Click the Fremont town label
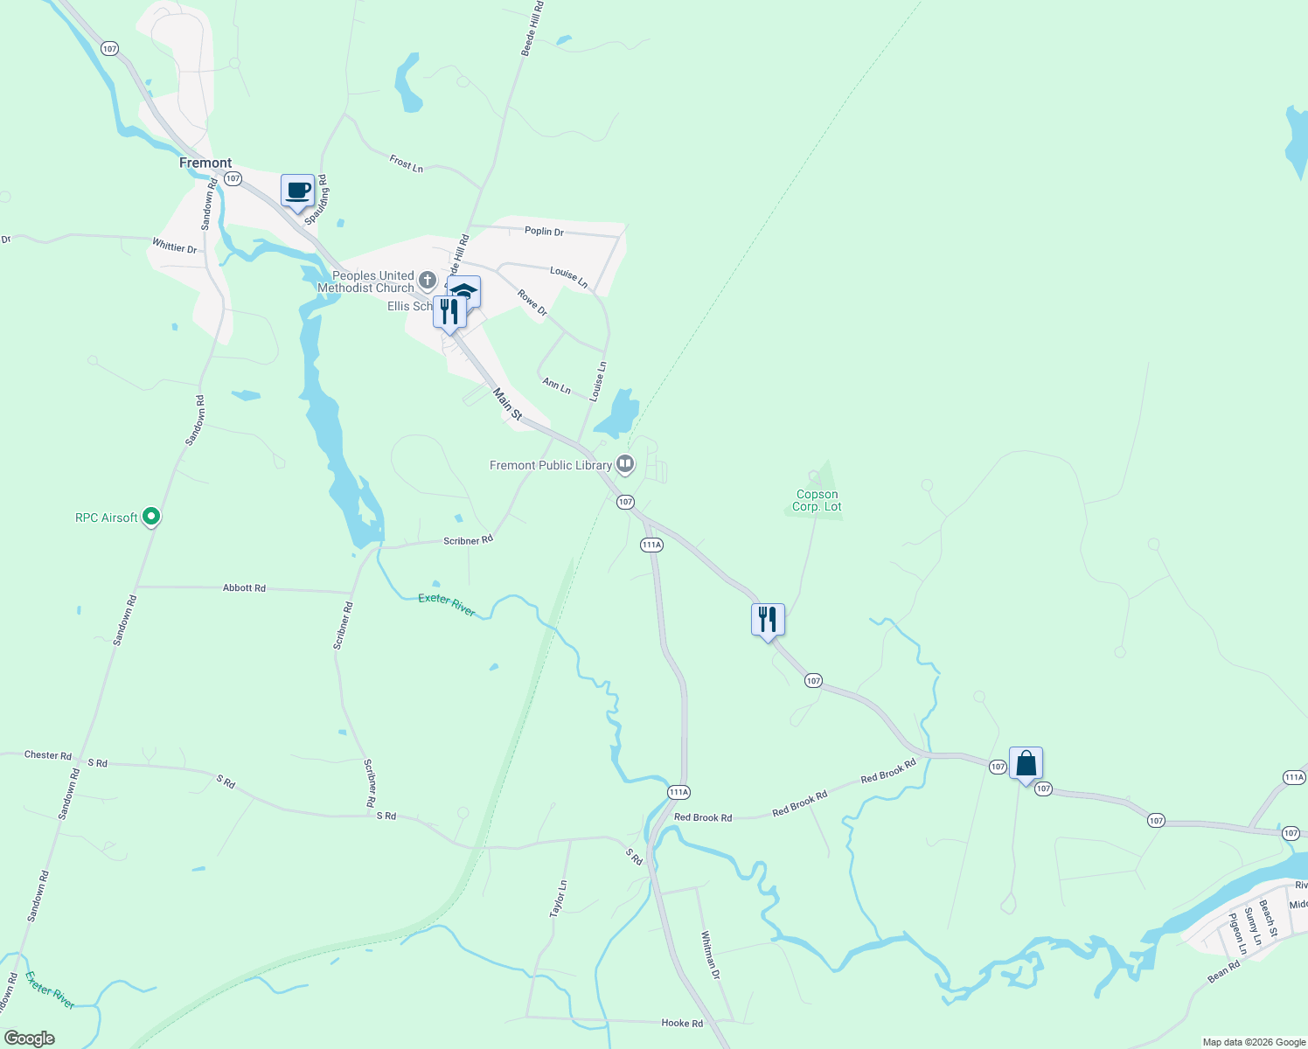click(x=205, y=163)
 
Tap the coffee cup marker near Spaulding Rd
click(x=297, y=190)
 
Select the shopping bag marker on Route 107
click(x=1026, y=763)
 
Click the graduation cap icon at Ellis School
click(x=464, y=291)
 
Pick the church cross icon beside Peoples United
click(x=428, y=281)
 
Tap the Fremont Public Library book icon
click(x=625, y=463)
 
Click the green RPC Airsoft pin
click(x=151, y=518)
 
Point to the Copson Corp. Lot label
click(x=817, y=500)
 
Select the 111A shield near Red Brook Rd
click(x=678, y=792)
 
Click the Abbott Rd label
click(x=244, y=588)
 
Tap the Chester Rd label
click(x=48, y=755)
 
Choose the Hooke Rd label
click(x=682, y=1023)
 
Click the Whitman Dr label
click(x=710, y=955)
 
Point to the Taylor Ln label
click(x=558, y=899)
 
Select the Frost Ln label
click(x=407, y=163)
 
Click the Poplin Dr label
click(x=544, y=232)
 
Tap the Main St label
click(x=507, y=404)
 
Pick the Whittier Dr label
click(x=175, y=247)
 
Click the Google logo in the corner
click(x=30, y=1039)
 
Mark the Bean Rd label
click(x=1224, y=972)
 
